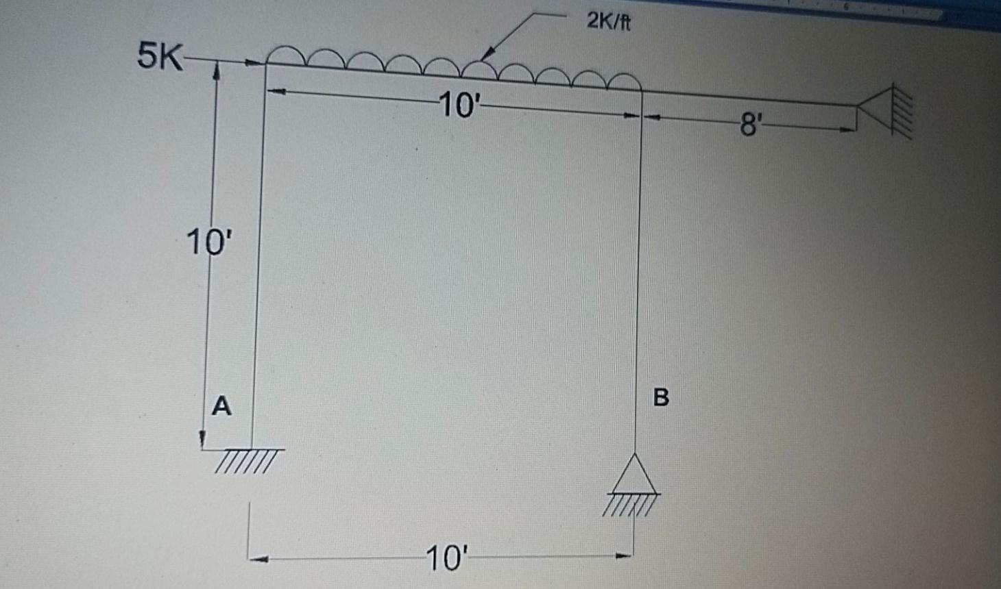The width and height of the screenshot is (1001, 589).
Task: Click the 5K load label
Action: coord(160,55)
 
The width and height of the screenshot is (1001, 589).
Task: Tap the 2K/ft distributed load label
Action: coord(609,22)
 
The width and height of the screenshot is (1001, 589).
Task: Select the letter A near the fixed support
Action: coord(221,405)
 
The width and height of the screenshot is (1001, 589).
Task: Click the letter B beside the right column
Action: coord(661,397)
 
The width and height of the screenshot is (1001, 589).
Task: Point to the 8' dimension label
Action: coord(750,125)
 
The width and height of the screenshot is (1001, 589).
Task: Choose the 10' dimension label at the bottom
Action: coord(446,558)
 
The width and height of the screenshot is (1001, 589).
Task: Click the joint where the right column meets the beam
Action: coord(641,90)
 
